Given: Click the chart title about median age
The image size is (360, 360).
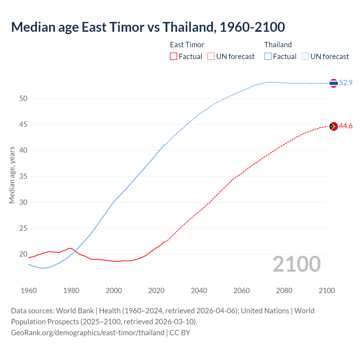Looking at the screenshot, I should (x=148, y=27).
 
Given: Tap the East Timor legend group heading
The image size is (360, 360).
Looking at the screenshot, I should (x=187, y=45).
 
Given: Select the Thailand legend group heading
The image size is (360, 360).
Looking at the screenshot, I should (x=278, y=45).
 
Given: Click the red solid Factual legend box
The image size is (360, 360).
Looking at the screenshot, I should (x=174, y=57).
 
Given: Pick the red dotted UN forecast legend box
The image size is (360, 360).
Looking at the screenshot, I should (x=211, y=57).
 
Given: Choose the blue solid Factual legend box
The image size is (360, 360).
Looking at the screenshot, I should (x=268, y=57).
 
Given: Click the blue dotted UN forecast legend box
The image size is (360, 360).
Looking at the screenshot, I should (x=305, y=57).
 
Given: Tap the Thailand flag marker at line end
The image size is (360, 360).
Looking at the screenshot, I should (x=334, y=83).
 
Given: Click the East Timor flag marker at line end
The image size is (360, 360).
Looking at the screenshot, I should (x=334, y=127).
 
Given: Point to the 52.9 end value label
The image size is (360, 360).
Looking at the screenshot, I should (x=346, y=83).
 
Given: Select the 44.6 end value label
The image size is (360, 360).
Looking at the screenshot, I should (x=346, y=126).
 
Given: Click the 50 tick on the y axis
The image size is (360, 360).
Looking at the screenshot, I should (x=23, y=98).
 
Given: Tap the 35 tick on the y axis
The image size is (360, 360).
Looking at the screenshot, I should (x=23, y=176).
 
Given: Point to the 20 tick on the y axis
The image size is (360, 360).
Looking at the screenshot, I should (x=23, y=254).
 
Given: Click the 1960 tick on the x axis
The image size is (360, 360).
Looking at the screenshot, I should (x=29, y=291).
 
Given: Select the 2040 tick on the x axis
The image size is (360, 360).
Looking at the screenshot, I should (x=199, y=291).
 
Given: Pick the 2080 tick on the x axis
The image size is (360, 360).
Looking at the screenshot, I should (x=284, y=291).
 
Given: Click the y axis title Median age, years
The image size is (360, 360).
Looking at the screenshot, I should (x=12, y=175).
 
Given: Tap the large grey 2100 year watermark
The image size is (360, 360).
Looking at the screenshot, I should (x=296, y=264).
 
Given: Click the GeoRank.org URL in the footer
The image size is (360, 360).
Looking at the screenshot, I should (x=87, y=333).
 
